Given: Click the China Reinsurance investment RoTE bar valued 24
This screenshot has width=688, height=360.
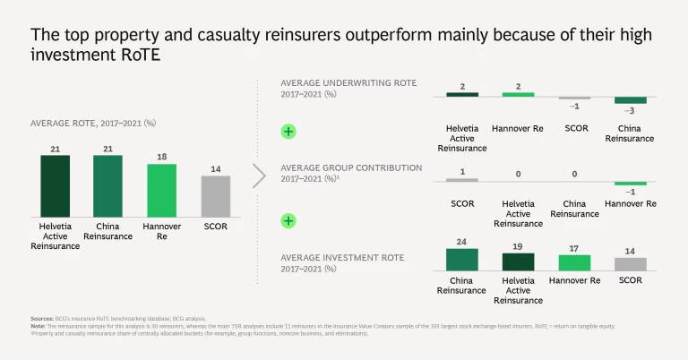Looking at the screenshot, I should click(462, 259).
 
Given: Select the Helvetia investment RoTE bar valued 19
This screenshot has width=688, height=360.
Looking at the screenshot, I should click(518, 261).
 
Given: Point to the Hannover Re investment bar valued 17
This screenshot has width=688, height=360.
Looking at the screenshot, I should click(574, 261).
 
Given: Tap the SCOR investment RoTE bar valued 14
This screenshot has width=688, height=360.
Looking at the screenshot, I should click(631, 263).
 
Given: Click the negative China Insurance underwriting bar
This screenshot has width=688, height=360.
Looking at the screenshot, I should click(631, 100).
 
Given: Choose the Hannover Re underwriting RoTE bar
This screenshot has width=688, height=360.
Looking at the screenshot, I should click(518, 94).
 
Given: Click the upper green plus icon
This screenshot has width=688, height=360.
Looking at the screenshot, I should click(288, 132).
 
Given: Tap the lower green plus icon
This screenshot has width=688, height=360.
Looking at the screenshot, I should click(288, 220).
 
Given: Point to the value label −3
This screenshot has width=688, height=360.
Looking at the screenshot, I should click(631, 111).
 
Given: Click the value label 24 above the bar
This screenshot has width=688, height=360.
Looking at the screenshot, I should click(462, 242).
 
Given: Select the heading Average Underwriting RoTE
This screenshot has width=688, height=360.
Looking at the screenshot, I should click(348, 82).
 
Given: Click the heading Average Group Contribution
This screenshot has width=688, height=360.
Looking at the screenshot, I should click(351, 167).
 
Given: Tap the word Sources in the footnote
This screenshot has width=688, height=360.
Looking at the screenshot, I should click(41, 319).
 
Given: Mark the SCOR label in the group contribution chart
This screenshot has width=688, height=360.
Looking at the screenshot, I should click(462, 203).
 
